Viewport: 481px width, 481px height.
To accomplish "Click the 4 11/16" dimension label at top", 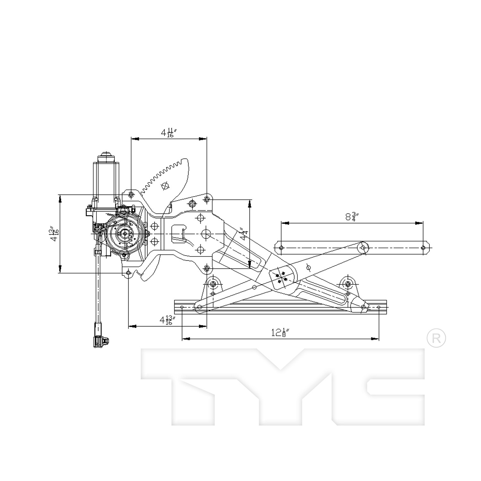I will (167, 132).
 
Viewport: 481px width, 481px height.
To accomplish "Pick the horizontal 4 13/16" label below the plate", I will (167, 320).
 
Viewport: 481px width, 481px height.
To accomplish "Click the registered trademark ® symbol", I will (436, 338).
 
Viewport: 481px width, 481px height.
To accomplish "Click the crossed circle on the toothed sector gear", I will (166, 186).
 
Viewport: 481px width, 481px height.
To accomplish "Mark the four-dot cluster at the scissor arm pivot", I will (281, 277).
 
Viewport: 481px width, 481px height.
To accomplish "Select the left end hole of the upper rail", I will (282, 248).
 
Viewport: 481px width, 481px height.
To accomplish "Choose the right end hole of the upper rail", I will (423, 248).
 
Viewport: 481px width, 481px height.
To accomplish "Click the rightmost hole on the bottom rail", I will (379, 307).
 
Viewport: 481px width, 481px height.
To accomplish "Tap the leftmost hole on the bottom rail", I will (182, 307).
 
